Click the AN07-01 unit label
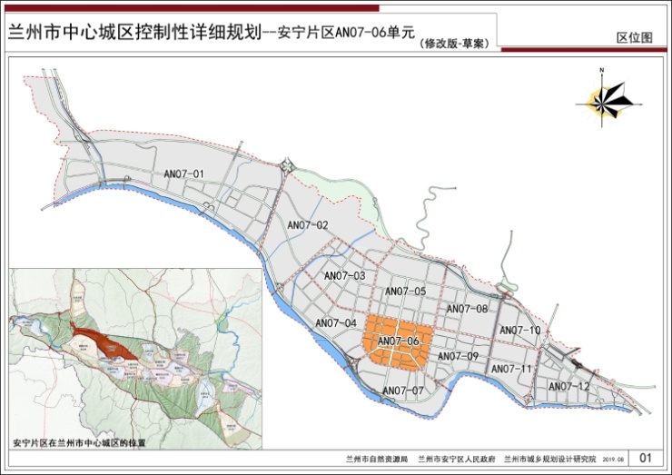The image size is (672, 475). (185, 173)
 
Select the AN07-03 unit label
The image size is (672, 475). (344, 275)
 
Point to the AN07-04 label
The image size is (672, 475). (336, 323)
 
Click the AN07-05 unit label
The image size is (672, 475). (405, 291)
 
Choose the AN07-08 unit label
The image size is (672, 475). (469, 309)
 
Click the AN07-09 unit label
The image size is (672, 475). (458, 356)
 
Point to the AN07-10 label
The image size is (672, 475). (520, 330)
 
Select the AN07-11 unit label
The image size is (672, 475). (510, 369)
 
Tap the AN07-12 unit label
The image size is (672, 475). (568, 387)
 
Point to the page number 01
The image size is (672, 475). (646, 458)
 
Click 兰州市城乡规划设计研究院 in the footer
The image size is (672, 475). (550, 460)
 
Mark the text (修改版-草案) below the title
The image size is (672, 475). (451, 43)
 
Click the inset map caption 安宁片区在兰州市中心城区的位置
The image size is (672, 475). (80, 442)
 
